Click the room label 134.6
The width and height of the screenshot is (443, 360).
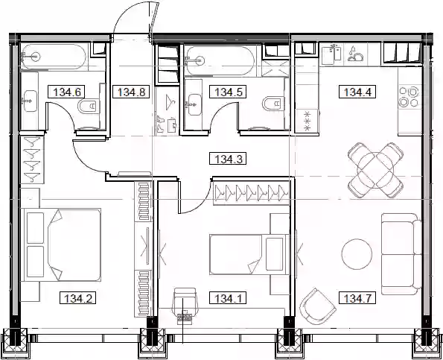(67, 92)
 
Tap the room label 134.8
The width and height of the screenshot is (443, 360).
(131, 92)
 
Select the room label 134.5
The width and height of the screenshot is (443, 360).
(228, 92)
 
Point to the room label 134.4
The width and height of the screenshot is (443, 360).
(357, 92)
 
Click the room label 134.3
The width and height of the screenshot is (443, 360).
(228, 158)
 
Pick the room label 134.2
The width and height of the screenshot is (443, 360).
(77, 298)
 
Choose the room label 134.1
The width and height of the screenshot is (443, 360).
(228, 298)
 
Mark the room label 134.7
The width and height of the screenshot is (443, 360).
(357, 298)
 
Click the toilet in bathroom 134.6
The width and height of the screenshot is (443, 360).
(89, 107)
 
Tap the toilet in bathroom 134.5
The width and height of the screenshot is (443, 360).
(273, 104)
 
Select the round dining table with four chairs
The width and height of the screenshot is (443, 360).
(375, 170)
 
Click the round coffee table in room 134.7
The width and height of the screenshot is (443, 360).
(357, 254)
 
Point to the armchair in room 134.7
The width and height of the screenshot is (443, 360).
(318, 306)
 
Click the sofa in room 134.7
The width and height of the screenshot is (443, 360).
(401, 254)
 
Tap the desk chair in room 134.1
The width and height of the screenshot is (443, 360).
(185, 304)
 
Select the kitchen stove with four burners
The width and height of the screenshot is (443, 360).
(410, 96)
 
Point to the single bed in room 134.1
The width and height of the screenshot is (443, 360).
(249, 254)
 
